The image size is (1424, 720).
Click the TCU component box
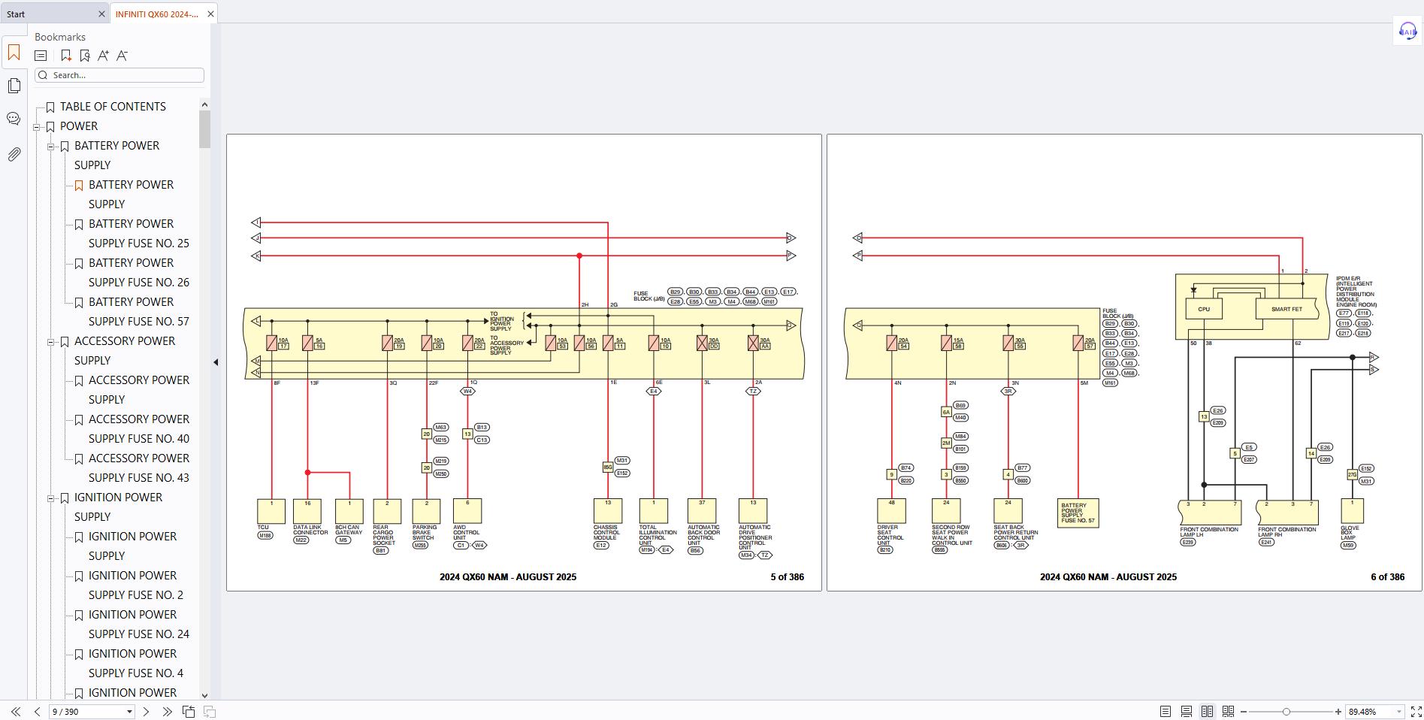[271, 511]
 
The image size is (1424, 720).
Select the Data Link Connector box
[307, 511]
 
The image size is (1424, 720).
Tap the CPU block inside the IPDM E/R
[1204, 309]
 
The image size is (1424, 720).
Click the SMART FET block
[1286, 309]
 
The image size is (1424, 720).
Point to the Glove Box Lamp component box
[1352, 511]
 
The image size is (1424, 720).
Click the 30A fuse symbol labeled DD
[702, 343]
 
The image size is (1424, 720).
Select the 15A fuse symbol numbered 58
[946, 343]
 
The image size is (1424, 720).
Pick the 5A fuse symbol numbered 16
[307, 343]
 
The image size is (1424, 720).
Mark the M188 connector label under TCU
[265, 536]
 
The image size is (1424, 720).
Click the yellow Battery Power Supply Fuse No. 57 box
[1078, 513]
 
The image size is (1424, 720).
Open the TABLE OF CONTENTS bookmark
[113, 107]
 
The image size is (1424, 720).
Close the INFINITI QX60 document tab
[210, 14]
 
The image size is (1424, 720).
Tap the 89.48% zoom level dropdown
[1373, 712]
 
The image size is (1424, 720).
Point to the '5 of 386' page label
[787, 577]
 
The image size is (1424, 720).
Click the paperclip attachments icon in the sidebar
[14, 155]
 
